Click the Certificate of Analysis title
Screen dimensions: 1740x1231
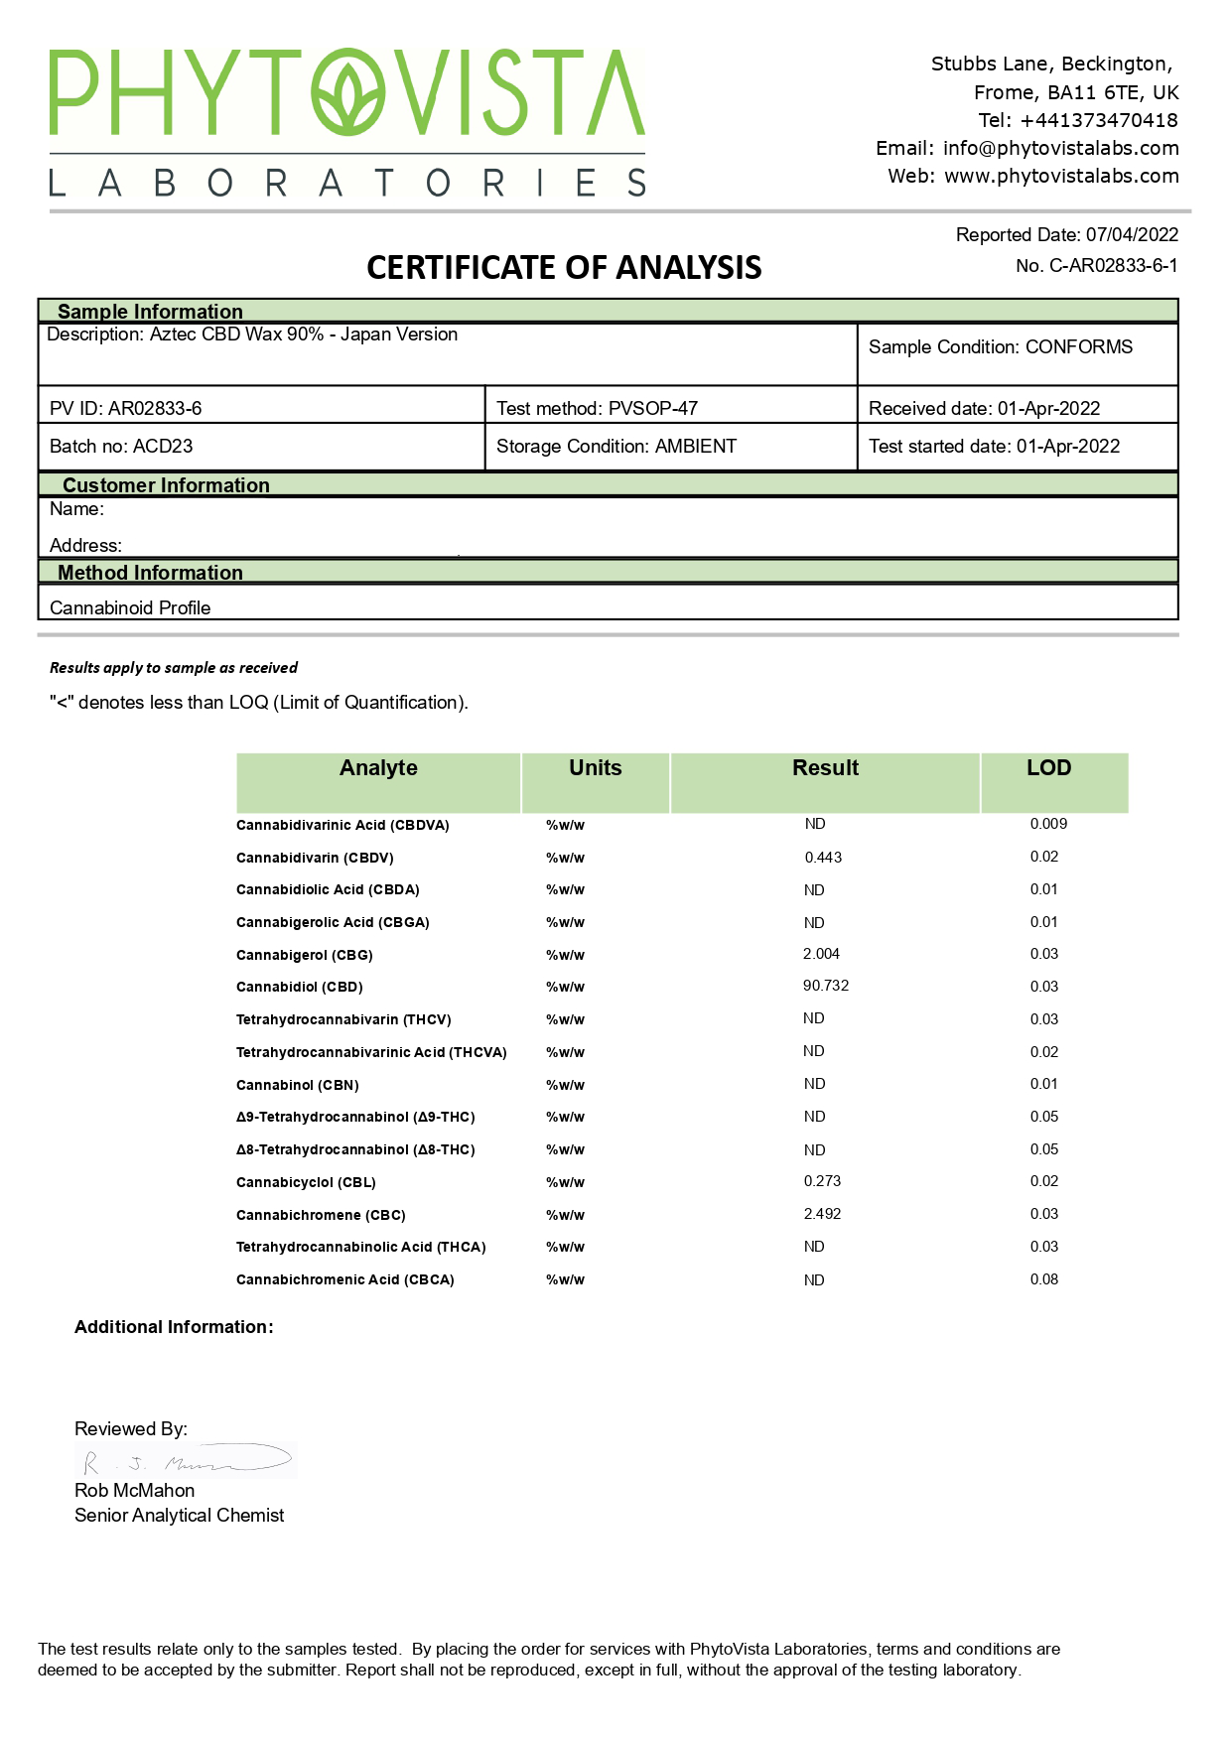coord(564,267)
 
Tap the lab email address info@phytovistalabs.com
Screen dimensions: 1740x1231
coord(1060,148)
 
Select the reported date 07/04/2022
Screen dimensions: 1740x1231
coord(1132,235)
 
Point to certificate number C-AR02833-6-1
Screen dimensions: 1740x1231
coord(1114,266)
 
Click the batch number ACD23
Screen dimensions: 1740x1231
coord(163,447)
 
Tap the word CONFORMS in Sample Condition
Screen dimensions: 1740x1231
coord(1079,347)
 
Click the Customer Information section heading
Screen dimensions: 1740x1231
coord(166,485)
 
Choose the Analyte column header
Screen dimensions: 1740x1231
coord(378,768)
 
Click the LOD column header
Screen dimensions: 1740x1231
coord(1048,768)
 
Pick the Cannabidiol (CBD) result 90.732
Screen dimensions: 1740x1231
coord(826,986)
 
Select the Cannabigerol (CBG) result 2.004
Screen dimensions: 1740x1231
coord(821,954)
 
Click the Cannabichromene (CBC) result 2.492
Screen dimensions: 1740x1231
coord(822,1214)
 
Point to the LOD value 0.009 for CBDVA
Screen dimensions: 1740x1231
coord(1048,824)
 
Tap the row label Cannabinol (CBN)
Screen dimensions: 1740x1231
coord(298,1085)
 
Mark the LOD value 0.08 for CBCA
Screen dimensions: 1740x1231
coord(1044,1279)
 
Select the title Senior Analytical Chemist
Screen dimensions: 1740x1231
coord(179,1516)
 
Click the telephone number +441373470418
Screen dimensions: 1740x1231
coord(1098,120)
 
